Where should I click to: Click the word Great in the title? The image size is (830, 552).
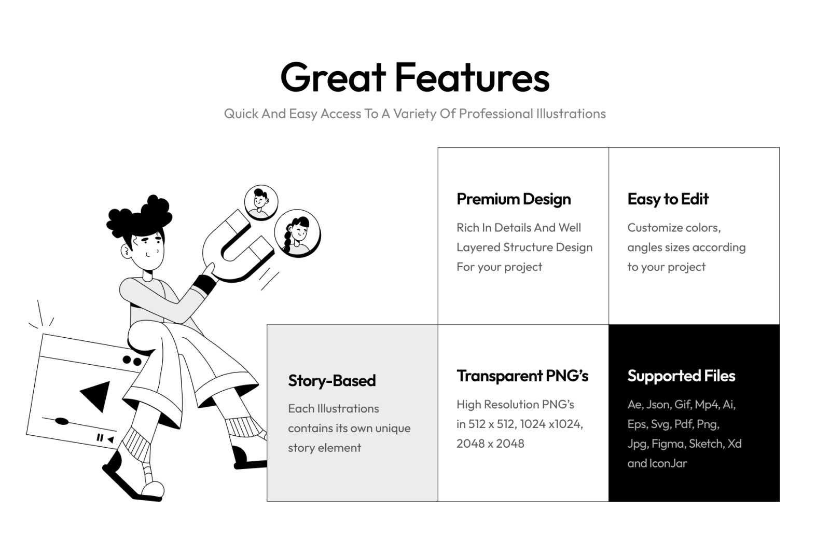[333, 77]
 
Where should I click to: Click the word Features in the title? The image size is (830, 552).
[473, 77]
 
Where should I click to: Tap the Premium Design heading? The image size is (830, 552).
[514, 199]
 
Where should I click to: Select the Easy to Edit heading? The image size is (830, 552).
[668, 199]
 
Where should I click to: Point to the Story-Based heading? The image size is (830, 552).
[331, 381]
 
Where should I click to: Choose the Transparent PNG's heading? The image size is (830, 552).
[522, 376]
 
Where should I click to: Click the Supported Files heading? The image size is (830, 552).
[681, 376]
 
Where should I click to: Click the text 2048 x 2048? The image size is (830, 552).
[490, 444]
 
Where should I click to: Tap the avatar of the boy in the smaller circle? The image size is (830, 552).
[261, 202]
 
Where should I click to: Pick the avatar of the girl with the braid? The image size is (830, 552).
[297, 233]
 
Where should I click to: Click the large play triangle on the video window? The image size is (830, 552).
[97, 395]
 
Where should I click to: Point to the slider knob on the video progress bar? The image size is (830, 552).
[62, 421]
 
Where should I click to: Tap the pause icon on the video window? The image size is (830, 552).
[100, 437]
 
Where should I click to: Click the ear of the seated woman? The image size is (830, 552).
[127, 252]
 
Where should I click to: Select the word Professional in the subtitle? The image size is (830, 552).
[496, 114]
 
